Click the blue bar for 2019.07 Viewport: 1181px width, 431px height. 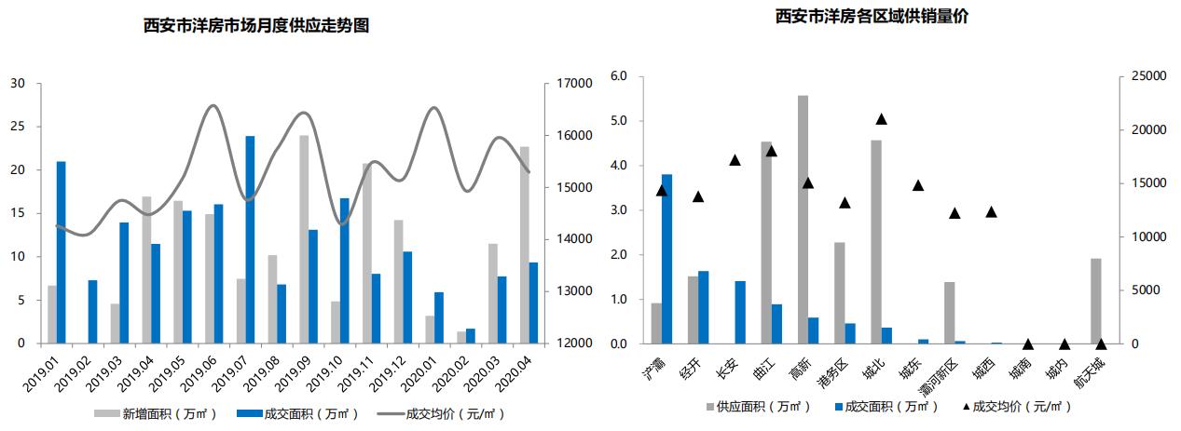250,240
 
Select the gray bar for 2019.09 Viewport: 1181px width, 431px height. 304,239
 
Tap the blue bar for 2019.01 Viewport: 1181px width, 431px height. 61,252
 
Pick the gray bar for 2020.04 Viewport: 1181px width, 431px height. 524,245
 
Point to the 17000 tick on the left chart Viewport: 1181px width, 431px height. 573,84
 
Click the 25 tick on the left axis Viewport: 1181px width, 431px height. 19,127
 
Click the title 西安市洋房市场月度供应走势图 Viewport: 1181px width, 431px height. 256,26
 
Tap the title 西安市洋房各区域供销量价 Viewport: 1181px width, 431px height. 872,17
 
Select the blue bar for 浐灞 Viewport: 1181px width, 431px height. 666,259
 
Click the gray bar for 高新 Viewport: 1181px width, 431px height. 803,220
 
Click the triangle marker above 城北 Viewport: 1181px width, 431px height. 881,119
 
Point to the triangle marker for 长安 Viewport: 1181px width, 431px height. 735,160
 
